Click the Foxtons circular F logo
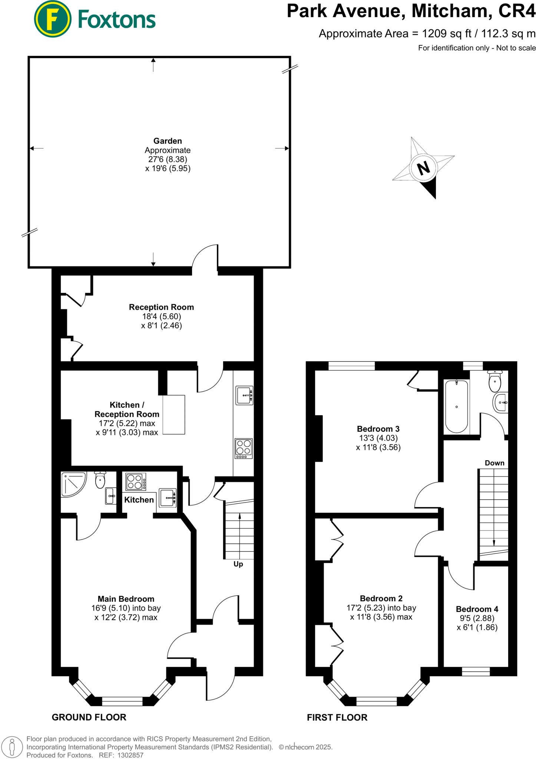point(52,19)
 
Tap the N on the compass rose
point(423,168)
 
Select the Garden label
point(168,141)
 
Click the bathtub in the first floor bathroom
point(456,406)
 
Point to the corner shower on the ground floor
point(73,484)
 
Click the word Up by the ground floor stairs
point(238,564)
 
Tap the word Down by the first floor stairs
point(494,463)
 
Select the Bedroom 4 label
point(477,609)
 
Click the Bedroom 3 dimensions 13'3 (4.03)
point(378,438)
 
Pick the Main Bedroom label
point(126,599)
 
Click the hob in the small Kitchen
point(136,482)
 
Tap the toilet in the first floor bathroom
point(495,381)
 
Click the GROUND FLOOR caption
point(89,717)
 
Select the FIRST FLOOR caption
point(337,717)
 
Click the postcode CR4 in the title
point(517,11)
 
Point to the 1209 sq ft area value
point(447,34)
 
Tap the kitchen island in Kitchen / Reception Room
point(173,414)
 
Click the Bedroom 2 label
point(381,598)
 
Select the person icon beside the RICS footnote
point(12,747)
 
